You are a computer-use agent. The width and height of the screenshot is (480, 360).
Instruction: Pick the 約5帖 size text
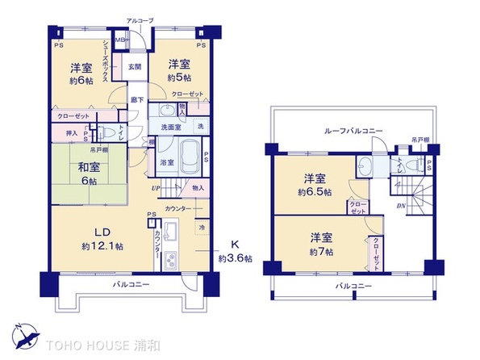178,77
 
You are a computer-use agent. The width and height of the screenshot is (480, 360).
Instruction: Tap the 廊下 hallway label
136,100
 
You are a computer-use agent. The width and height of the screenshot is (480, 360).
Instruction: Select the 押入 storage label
72,131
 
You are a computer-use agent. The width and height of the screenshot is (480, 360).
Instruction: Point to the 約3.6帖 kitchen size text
236,258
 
